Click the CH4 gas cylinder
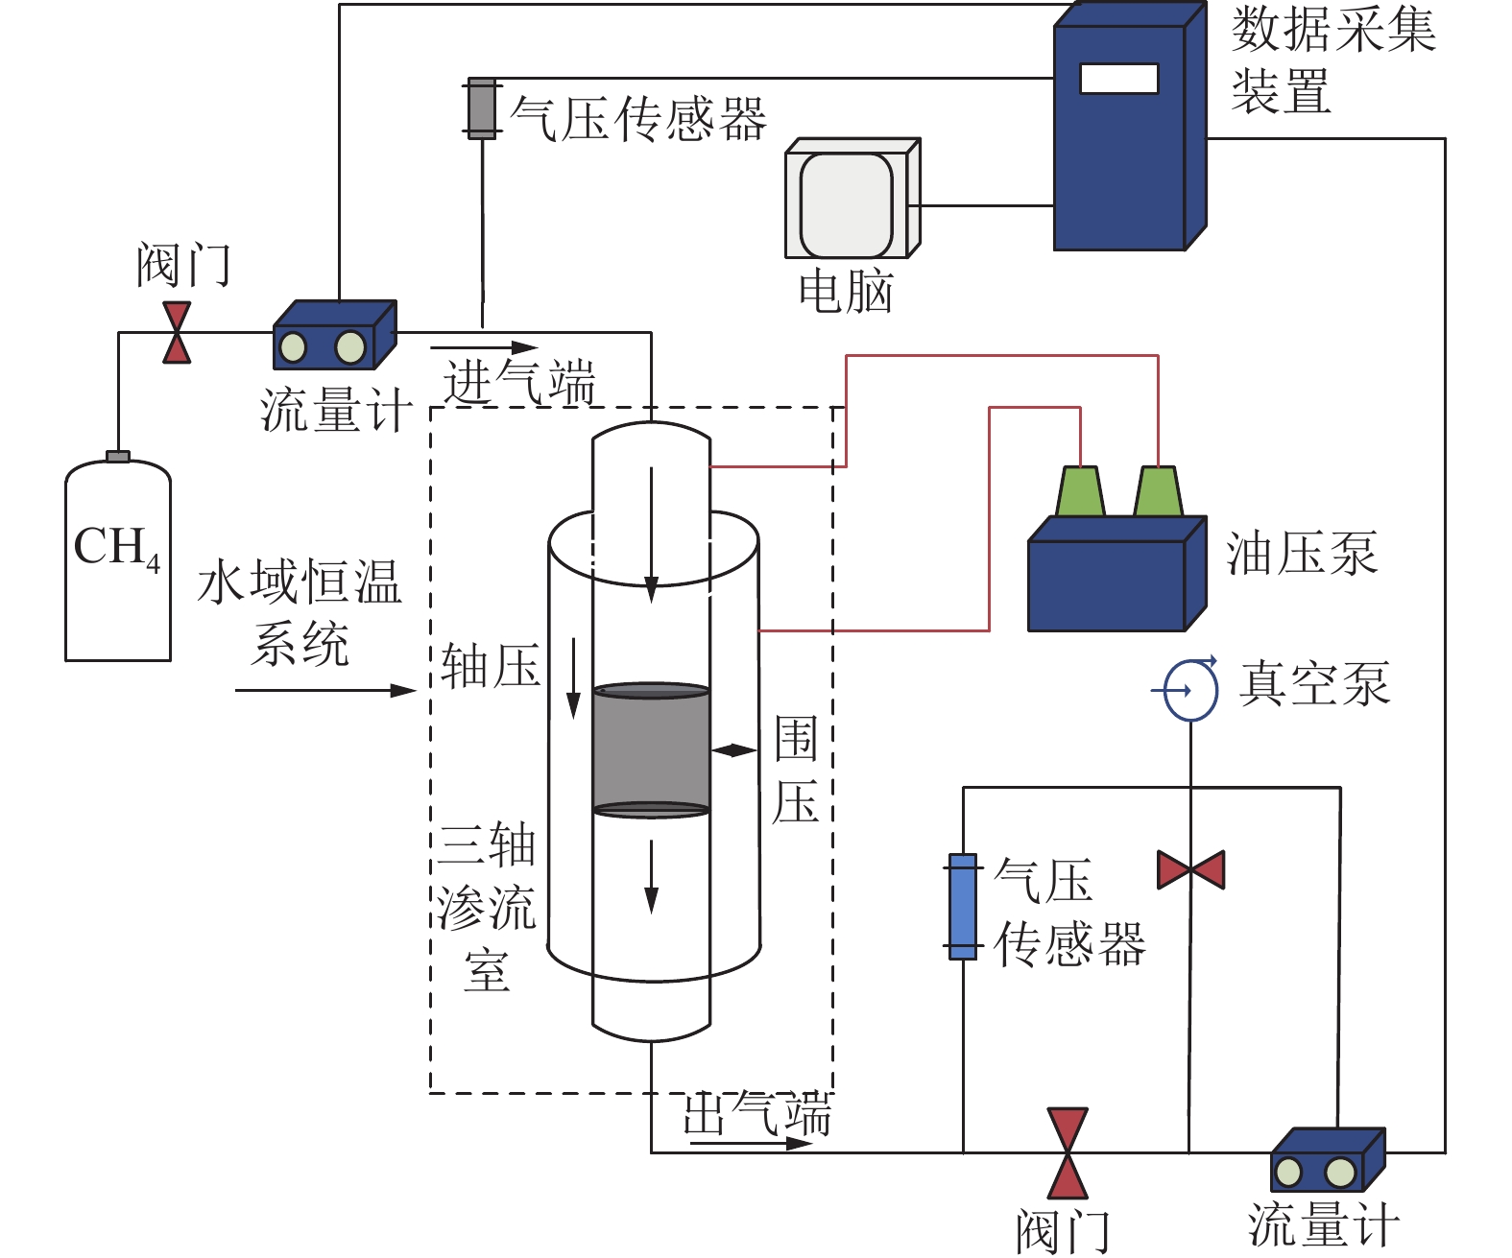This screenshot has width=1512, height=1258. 117,566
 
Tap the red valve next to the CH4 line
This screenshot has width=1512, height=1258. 177,333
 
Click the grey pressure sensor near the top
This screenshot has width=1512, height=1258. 481,108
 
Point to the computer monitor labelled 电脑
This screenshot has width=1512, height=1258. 849,202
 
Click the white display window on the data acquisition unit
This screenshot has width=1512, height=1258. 1118,79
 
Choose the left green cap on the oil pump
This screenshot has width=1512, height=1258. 1080,492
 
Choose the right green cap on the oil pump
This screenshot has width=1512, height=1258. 1158,492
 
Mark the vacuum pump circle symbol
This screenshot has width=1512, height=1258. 1190,690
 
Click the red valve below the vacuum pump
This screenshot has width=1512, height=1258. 1190,869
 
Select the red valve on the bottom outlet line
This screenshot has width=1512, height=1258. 1067,1153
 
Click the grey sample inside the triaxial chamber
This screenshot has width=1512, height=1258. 651,749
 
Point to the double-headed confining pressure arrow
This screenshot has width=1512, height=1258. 734,750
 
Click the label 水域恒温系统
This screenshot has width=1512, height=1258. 300,611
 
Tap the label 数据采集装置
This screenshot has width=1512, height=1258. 1332,59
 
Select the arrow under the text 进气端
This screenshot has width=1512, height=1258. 484,347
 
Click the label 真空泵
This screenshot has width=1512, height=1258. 1313,685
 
